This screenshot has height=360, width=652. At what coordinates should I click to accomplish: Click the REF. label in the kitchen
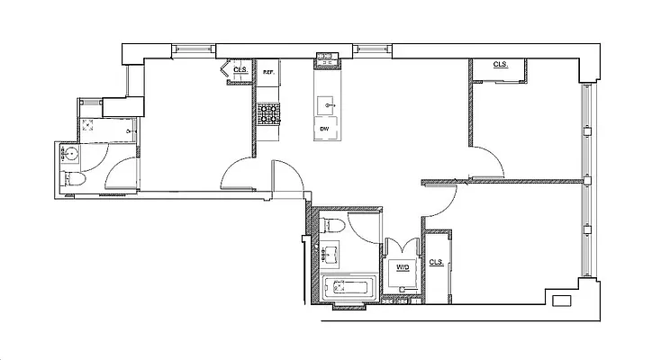coord(267,71)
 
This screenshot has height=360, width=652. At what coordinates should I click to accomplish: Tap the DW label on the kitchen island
coord(324,129)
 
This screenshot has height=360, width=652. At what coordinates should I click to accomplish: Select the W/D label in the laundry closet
coord(402,267)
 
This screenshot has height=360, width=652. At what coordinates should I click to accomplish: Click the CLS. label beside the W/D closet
coord(437,262)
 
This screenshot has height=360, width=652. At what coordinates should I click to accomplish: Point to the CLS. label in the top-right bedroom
coord(501,65)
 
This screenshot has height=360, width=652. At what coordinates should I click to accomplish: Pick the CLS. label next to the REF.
coord(240,70)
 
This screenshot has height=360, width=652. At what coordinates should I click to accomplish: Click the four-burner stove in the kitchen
coord(268,114)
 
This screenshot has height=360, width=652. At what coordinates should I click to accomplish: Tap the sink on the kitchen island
coord(325,104)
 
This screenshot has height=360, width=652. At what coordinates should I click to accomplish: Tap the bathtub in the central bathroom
coord(351,289)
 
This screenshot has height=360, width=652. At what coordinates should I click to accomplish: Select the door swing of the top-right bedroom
coord(487,161)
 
